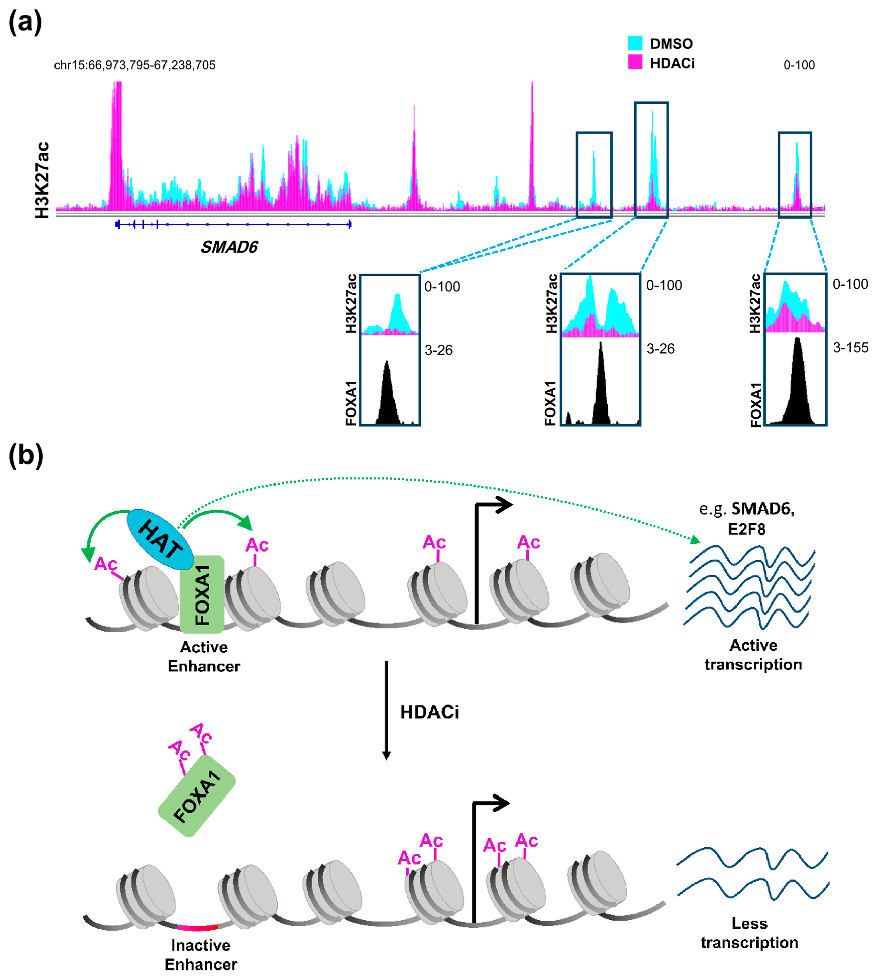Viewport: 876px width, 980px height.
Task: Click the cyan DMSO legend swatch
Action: pyautogui.click(x=635, y=43)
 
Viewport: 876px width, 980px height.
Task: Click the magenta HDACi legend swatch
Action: pyautogui.click(x=635, y=62)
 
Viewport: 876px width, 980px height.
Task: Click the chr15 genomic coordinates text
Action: pyautogui.click(x=135, y=65)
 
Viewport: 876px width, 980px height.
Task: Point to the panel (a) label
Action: pyautogui.click(x=25, y=23)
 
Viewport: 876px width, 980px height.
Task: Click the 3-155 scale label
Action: pyautogui.click(x=850, y=348)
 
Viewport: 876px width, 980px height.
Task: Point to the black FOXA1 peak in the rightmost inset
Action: pyautogui.click(x=797, y=385)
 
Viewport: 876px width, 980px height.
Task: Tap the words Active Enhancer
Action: pyautogui.click(x=204, y=657)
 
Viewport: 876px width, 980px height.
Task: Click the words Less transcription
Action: pyautogui.click(x=749, y=932)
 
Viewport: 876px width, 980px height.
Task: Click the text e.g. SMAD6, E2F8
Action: pyautogui.click(x=746, y=519)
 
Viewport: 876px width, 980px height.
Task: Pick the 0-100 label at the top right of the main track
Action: pyautogui.click(x=799, y=65)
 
